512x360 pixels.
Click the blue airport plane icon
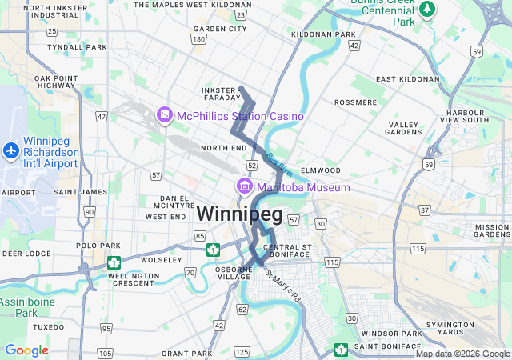(x=11, y=150)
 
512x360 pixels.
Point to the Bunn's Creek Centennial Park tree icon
(x=429, y=9)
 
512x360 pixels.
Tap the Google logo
(x=26, y=350)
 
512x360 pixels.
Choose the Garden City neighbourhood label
(x=220, y=29)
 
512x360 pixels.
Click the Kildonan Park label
(x=323, y=34)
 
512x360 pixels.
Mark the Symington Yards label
(x=472, y=327)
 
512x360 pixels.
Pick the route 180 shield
(x=199, y=38)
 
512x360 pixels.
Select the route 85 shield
(x=199, y=236)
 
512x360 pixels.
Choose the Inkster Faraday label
(x=220, y=93)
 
